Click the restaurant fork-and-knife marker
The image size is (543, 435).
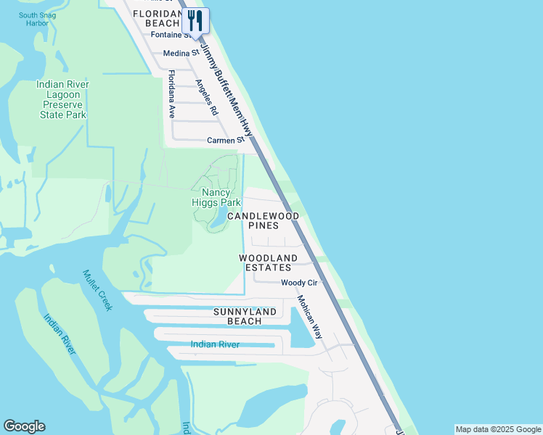pyautogui.click(x=195, y=20)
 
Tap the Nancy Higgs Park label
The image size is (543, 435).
pyautogui.click(x=216, y=198)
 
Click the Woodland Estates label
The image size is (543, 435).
pyautogui.click(x=269, y=262)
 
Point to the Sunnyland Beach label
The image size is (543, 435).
pyautogui.click(x=245, y=316)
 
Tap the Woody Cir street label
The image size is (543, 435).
pyautogui.click(x=299, y=283)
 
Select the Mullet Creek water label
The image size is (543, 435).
pyautogui.click(x=97, y=290)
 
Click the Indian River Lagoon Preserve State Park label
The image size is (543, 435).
pyautogui.click(x=62, y=99)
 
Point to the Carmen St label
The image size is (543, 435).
pyautogui.click(x=222, y=140)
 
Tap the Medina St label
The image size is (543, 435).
pyautogui.click(x=181, y=53)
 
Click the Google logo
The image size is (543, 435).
pyautogui.click(x=24, y=426)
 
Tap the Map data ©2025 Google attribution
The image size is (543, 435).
pyautogui.click(x=498, y=429)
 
